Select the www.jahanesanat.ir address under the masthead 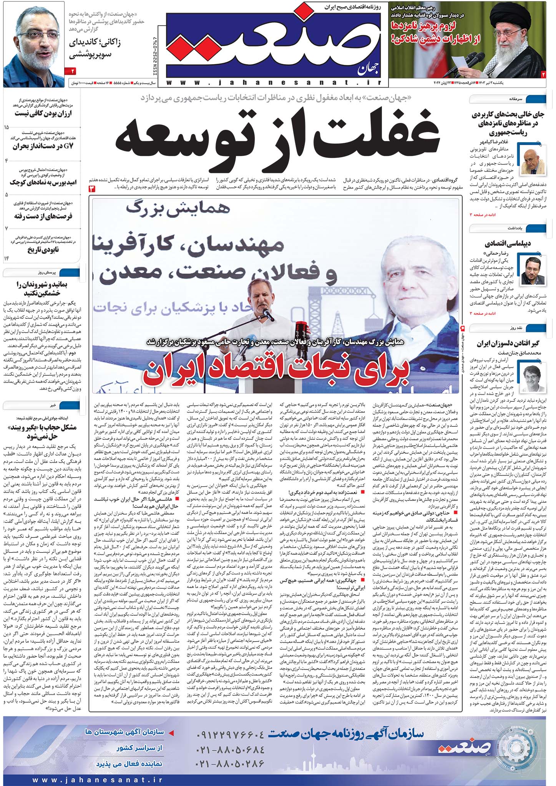[274, 82]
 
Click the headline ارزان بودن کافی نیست [43, 113]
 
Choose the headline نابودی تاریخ [43, 250]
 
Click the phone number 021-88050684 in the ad [231, 749]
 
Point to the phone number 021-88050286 [231, 764]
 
